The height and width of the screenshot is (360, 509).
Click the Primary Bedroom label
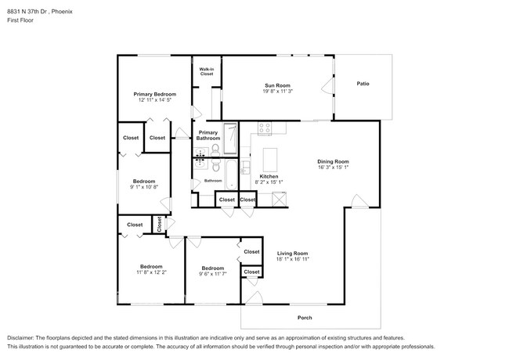(x=154, y=94)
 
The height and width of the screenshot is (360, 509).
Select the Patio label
(x=363, y=84)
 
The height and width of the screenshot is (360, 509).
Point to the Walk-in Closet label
(x=206, y=72)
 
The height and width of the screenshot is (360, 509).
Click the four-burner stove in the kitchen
(x=265, y=128)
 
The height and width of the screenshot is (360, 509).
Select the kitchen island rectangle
(x=272, y=160)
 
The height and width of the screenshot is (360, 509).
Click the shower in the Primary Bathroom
(x=230, y=139)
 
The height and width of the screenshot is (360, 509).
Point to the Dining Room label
(x=333, y=161)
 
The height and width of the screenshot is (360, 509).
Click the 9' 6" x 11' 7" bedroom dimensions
(x=213, y=273)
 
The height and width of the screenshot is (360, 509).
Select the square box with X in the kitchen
(x=277, y=200)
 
